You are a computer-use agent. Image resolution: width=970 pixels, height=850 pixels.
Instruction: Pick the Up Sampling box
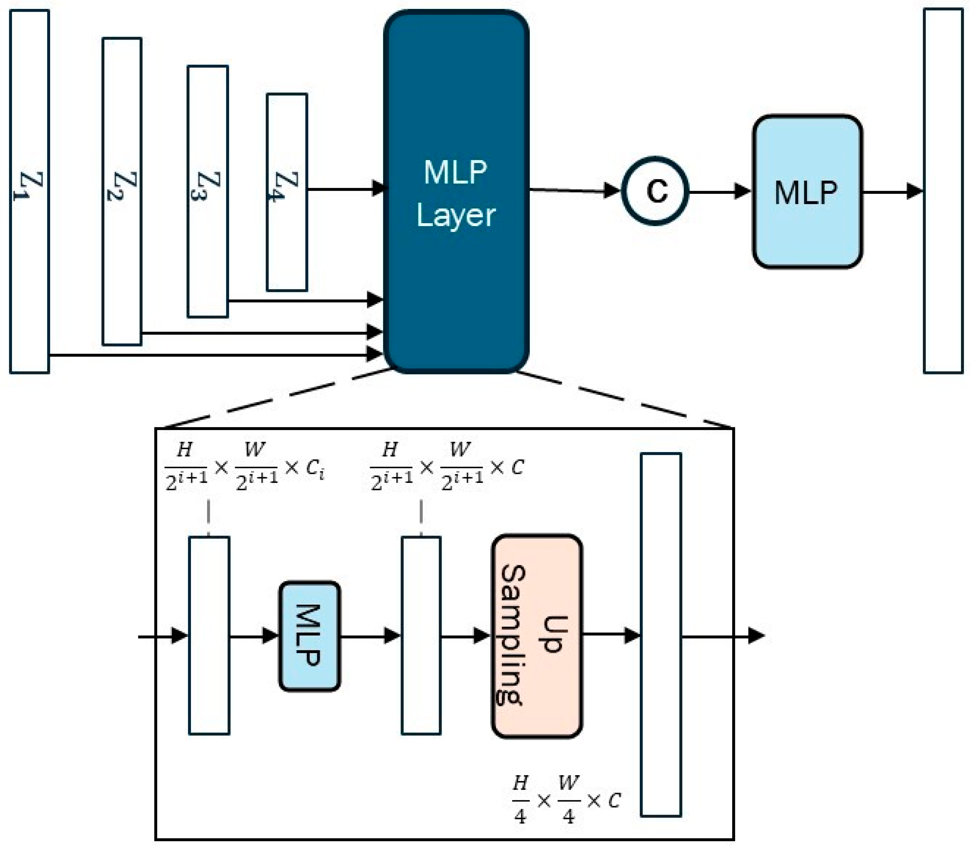(x=537, y=636)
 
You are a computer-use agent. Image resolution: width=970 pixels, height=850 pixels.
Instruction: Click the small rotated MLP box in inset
(x=309, y=636)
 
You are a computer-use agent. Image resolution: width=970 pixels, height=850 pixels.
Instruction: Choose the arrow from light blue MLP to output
(x=891, y=192)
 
